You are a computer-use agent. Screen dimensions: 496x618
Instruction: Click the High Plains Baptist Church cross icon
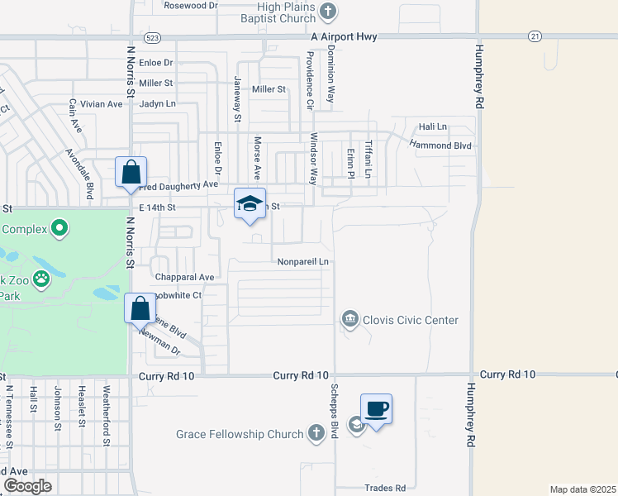[329, 12]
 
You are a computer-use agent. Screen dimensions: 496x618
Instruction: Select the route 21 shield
[535, 36]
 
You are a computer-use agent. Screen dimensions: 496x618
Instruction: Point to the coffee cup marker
[376, 409]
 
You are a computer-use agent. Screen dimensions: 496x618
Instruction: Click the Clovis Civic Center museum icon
[349, 318]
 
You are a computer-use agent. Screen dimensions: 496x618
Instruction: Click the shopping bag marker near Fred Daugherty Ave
[131, 173]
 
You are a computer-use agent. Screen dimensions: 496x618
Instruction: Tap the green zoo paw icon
[40, 279]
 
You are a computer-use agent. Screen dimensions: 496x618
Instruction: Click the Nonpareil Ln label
[303, 262]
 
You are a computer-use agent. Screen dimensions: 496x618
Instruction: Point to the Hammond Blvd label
[440, 145]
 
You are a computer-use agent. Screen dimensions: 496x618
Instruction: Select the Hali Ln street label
[432, 126]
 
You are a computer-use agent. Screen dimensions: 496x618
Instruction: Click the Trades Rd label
[384, 488]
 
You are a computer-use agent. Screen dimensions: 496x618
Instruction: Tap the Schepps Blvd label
[335, 406]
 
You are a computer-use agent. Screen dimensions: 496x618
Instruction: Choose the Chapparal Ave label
[184, 277]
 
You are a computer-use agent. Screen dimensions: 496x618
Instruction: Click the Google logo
[28, 486]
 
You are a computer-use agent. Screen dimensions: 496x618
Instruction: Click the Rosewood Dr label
[190, 5]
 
